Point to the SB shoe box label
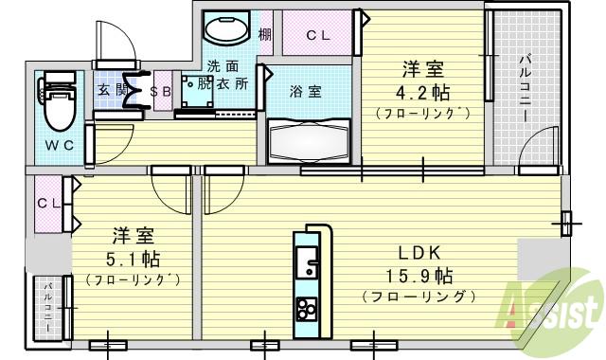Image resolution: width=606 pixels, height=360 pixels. tap(161, 90)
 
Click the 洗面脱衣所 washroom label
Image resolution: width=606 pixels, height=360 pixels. tap(226, 76)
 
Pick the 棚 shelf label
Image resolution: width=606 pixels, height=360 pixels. tap(265, 35)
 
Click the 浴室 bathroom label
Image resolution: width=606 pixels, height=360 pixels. tap(305, 92)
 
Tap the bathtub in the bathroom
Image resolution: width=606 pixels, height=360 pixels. tap(309, 140)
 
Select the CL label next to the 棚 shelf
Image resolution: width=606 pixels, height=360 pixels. tap(317, 36)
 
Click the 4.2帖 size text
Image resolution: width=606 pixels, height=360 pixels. tap(422, 94)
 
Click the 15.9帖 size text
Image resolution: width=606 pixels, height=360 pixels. tap(418, 277)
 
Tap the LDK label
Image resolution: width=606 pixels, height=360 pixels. tap(418, 253)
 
